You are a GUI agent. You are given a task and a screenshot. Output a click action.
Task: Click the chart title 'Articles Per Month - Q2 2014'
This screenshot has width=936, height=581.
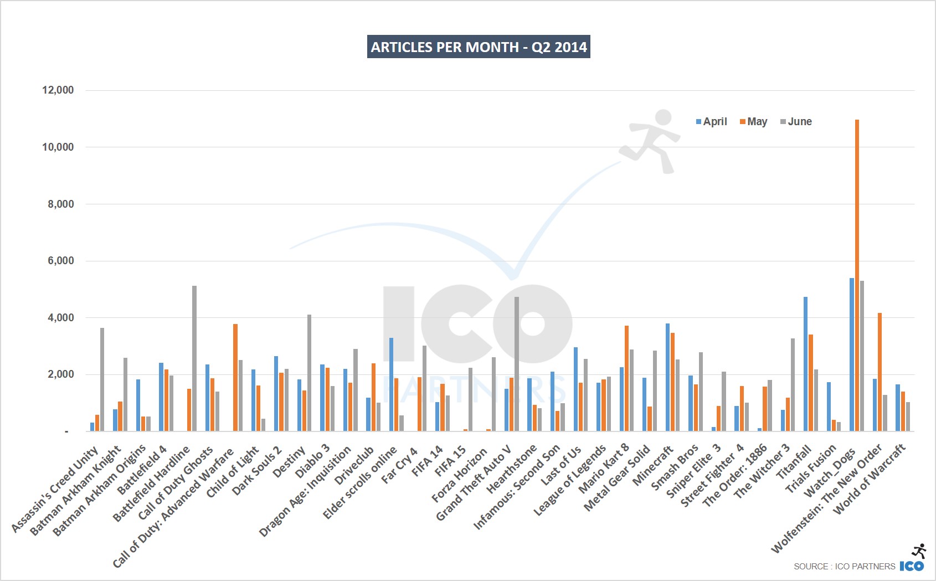click(x=479, y=47)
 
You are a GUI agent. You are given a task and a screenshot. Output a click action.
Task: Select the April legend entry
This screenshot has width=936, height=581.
click(x=712, y=122)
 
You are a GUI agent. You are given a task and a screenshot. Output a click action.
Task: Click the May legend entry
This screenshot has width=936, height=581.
click(x=754, y=122)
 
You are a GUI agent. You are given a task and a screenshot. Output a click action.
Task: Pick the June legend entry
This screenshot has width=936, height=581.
click(x=796, y=122)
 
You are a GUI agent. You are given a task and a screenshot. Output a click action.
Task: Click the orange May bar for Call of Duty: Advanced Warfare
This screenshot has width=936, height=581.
click(x=235, y=377)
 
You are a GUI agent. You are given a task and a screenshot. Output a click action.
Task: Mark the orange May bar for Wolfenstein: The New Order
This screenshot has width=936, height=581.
click(x=880, y=372)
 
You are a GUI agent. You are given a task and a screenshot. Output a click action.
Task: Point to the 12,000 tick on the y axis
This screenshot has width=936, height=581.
click(x=58, y=90)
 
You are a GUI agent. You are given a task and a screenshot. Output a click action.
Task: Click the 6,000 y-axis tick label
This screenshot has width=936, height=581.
click(x=60, y=260)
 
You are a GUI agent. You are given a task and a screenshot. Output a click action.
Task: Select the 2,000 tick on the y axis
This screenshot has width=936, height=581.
click(x=60, y=374)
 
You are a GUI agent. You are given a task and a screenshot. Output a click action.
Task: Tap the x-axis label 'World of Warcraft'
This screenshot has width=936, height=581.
click(x=870, y=480)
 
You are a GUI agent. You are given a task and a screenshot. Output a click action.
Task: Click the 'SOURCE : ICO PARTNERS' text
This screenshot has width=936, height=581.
click(x=844, y=566)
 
